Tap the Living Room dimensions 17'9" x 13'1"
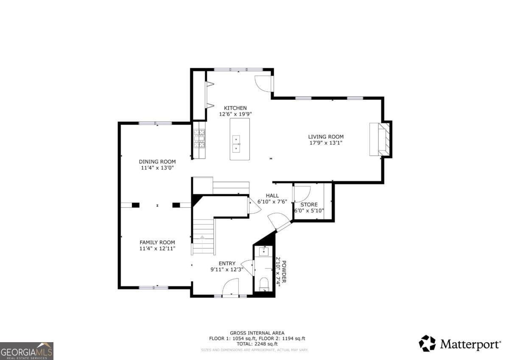pos(326,143)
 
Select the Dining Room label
pos(157,162)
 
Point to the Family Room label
pos(157,242)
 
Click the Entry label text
pos(227,263)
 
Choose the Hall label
pos(272,196)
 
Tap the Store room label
pos(309,205)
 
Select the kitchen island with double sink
pos(240,139)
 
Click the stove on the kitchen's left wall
pos(199,139)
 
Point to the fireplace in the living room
pos(378,139)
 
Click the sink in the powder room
pos(264,251)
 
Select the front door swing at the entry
pos(231,287)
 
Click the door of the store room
pos(302,194)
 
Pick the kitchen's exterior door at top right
pos(263,83)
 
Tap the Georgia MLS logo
pos(27,351)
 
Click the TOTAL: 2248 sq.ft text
pos(257,344)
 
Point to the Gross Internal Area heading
pos(257,333)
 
